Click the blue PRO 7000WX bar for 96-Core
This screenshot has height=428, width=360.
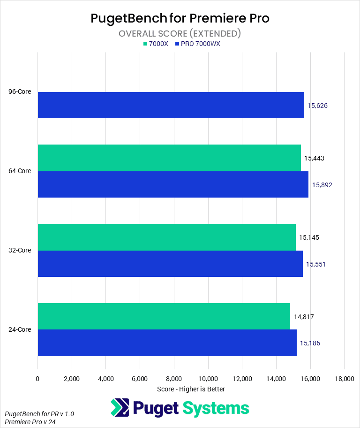[x=171, y=105]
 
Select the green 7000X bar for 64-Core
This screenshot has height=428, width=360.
[x=169, y=158]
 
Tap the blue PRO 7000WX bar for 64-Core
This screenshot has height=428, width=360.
[x=173, y=184]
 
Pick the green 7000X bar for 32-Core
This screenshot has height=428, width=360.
[x=166, y=237]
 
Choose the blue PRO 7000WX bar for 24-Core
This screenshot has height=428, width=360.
[x=167, y=343]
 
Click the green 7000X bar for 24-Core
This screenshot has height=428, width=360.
[x=164, y=316]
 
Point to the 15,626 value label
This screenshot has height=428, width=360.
[x=317, y=106]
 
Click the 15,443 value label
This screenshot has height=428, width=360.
[x=314, y=158]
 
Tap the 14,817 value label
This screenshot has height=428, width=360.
[x=304, y=317]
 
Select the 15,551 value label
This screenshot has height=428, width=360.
[x=316, y=264]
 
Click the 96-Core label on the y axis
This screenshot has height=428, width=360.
[x=20, y=92]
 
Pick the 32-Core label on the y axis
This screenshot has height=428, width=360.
[x=20, y=250]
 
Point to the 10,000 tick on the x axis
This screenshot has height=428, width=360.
[x=208, y=379]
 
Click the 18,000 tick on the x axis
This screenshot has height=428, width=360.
[x=344, y=379]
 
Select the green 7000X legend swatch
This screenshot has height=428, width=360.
[x=145, y=44]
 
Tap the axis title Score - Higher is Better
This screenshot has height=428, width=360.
[x=191, y=389]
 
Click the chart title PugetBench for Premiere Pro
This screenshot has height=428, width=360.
[x=180, y=19]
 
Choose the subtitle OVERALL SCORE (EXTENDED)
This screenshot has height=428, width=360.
[x=180, y=33]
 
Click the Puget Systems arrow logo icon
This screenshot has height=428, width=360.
[x=120, y=408]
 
